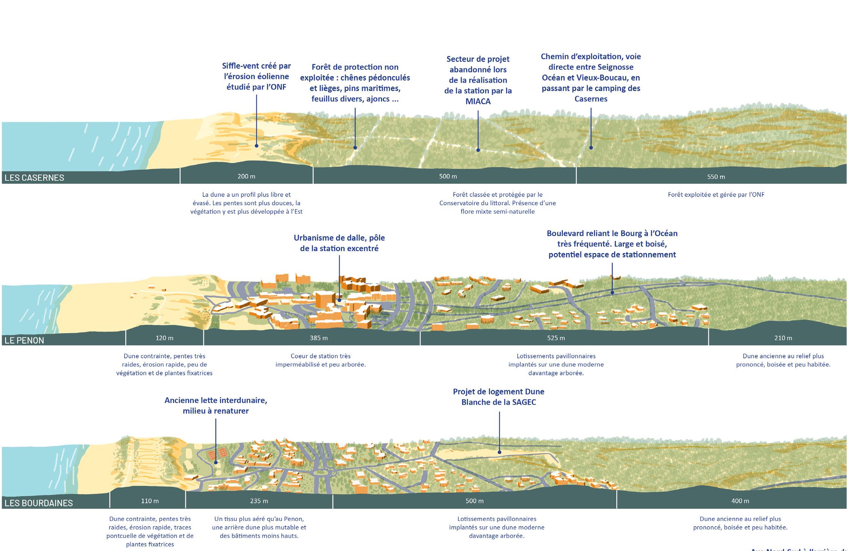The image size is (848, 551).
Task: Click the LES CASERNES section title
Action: pos(34,178)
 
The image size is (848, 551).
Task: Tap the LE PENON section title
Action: pos(24,340)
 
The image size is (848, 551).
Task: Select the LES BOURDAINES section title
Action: pos(38,503)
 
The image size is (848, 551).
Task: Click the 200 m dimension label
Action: pos(246,176)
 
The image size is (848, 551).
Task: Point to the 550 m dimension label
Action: pos(716,177)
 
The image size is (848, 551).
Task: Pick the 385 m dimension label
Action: pos(319,338)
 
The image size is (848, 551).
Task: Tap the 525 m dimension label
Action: pos(556,338)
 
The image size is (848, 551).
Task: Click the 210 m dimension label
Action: pos(783,338)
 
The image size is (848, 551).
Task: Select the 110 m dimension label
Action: pos(150,501)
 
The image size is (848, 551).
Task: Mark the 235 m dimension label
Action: pos(259,501)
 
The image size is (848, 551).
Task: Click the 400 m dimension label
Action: pos(740,501)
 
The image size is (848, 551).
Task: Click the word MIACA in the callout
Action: pos(478,101)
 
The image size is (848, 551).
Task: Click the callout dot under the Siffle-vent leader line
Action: pos(257,146)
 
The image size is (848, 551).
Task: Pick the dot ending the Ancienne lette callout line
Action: pos(216,463)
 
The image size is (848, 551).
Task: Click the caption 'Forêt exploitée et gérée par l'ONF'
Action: pos(716,195)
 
